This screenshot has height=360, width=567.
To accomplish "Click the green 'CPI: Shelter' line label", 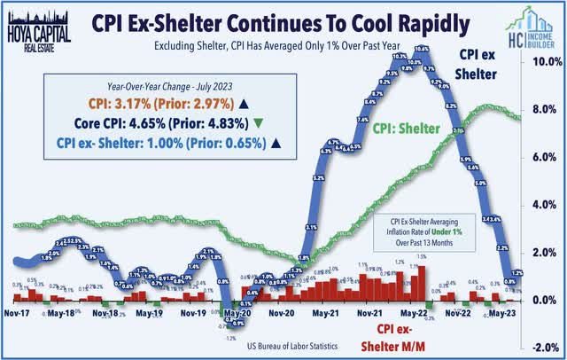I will click(406, 129).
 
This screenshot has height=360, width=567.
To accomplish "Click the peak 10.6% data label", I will click(423, 49).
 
